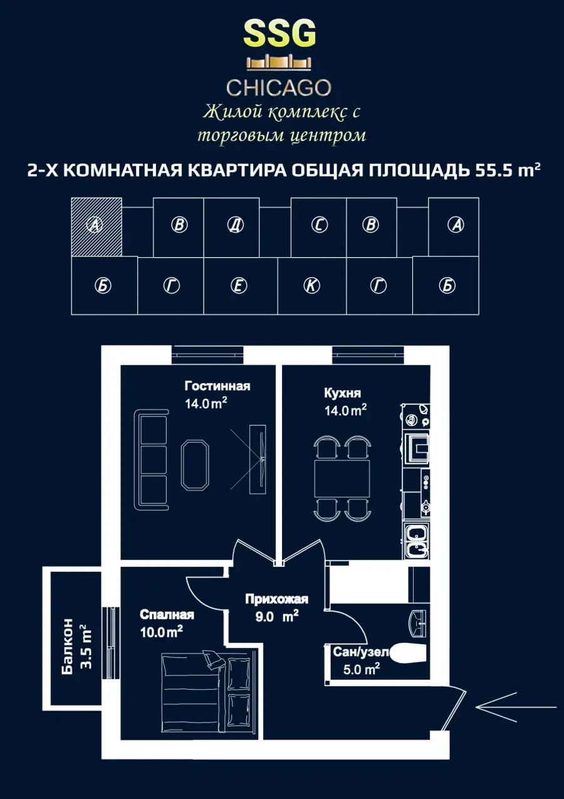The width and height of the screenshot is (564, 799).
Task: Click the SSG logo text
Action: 279,33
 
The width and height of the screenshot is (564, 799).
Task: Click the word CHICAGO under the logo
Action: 279,88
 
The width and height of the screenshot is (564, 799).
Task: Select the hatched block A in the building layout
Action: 97,227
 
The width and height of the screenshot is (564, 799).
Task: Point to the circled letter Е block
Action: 239,285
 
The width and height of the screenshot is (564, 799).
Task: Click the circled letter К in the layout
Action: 311,285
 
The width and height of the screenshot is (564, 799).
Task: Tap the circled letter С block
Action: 320,225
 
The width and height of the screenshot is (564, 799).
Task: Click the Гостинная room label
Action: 217,386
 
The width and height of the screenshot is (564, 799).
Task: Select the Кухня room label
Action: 342,393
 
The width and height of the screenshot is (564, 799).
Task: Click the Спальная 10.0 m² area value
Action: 162,632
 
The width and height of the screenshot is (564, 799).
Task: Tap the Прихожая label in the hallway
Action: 276,600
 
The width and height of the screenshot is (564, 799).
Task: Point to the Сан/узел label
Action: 360,652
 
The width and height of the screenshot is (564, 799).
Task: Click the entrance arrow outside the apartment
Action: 516,707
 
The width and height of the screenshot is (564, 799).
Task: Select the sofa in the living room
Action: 151,460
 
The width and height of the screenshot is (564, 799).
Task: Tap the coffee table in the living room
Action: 195,465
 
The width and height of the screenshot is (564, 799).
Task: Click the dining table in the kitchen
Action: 342,479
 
